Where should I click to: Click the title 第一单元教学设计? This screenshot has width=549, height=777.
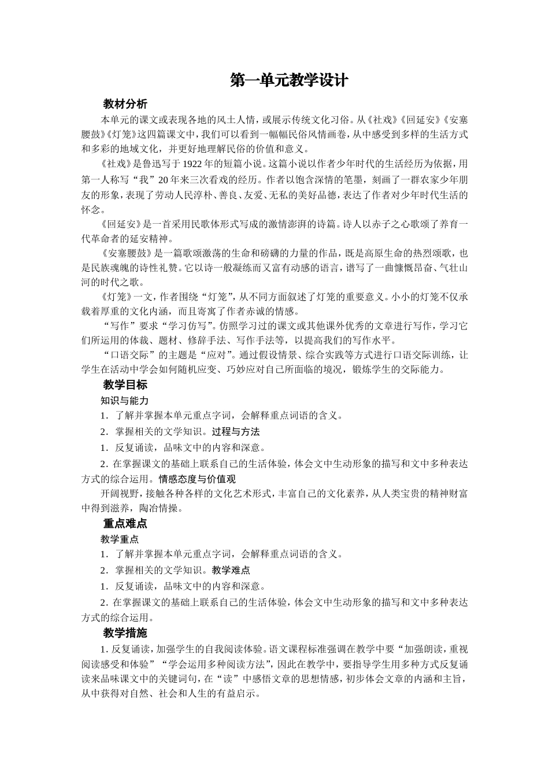289,80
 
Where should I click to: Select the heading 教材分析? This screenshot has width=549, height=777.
125,104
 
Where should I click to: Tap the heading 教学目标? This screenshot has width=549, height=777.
125,384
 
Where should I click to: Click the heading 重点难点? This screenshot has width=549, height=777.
125,524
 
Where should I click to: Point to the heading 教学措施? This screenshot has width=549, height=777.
125,632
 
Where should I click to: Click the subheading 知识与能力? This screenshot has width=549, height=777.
124,400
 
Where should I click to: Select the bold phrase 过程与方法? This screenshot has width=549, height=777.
236,431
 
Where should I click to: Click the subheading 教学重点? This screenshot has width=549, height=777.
120,539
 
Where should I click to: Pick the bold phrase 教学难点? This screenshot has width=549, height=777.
231,570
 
